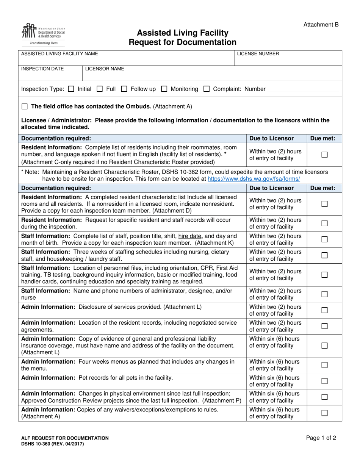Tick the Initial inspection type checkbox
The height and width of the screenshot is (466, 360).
point(71,89)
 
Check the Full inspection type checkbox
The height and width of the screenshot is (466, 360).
point(100,89)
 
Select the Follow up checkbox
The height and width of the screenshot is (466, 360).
point(124,89)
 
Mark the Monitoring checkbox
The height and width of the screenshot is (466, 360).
point(164,89)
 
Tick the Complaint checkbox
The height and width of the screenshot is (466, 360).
point(207,89)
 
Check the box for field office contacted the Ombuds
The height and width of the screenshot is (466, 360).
point(25,106)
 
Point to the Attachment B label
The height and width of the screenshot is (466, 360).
point(321,25)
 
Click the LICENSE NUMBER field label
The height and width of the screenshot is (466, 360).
point(258,54)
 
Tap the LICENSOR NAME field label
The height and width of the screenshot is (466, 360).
point(105,69)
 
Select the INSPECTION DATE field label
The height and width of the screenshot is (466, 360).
point(42,69)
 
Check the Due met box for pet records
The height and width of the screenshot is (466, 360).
point(324,381)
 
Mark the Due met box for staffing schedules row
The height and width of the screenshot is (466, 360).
point(324,255)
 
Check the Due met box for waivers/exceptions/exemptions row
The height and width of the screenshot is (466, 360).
point(324,413)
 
